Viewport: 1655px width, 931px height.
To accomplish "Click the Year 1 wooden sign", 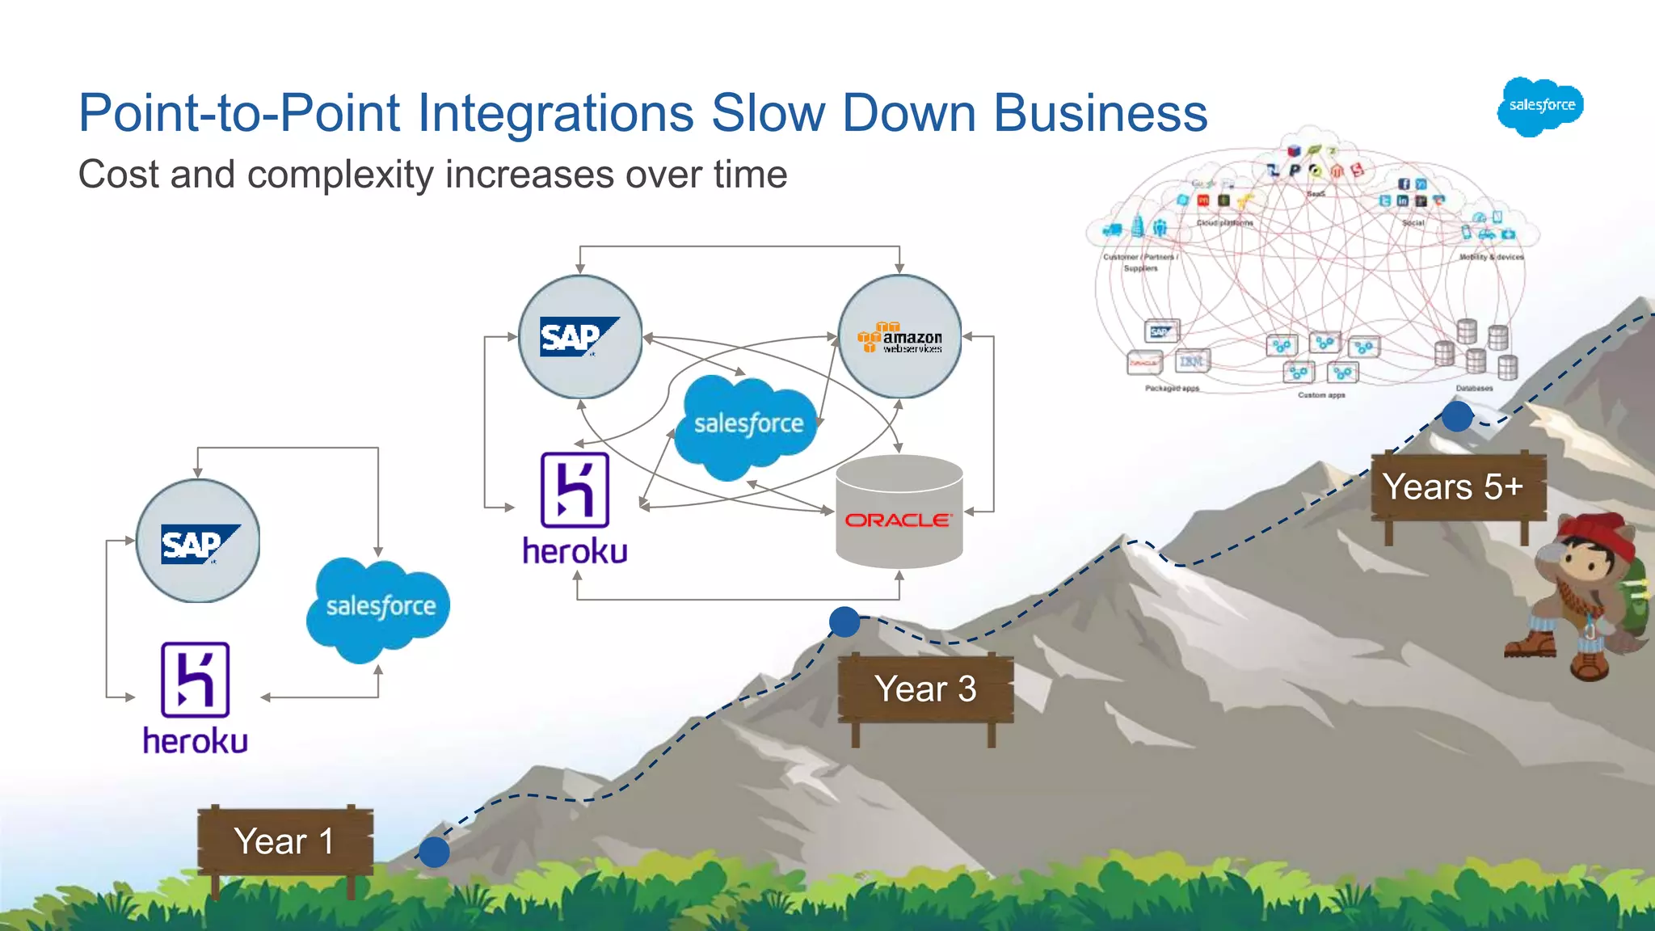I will [x=284, y=841].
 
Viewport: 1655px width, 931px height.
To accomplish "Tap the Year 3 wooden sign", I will [x=925, y=689].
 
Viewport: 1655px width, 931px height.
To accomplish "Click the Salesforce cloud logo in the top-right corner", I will [x=1541, y=106].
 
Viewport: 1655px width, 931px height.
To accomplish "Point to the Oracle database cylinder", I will [x=899, y=511].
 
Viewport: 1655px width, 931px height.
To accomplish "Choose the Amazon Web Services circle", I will [x=899, y=337].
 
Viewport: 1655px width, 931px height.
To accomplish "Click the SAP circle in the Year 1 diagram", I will [x=198, y=541].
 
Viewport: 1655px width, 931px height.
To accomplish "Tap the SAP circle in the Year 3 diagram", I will [x=580, y=337].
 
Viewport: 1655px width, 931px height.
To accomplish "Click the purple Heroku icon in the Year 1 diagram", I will [x=195, y=680].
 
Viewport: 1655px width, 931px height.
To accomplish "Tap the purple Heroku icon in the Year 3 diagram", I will [x=575, y=490].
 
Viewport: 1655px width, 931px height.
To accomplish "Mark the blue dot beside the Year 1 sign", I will [x=434, y=852].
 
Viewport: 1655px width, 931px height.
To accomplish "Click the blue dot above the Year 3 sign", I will [x=844, y=621].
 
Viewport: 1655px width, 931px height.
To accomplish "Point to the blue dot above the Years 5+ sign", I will [x=1457, y=416].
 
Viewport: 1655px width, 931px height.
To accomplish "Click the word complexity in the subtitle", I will [x=340, y=175].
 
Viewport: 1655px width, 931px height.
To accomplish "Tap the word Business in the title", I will [x=1100, y=112].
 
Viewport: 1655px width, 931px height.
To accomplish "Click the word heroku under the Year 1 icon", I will [x=195, y=741].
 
